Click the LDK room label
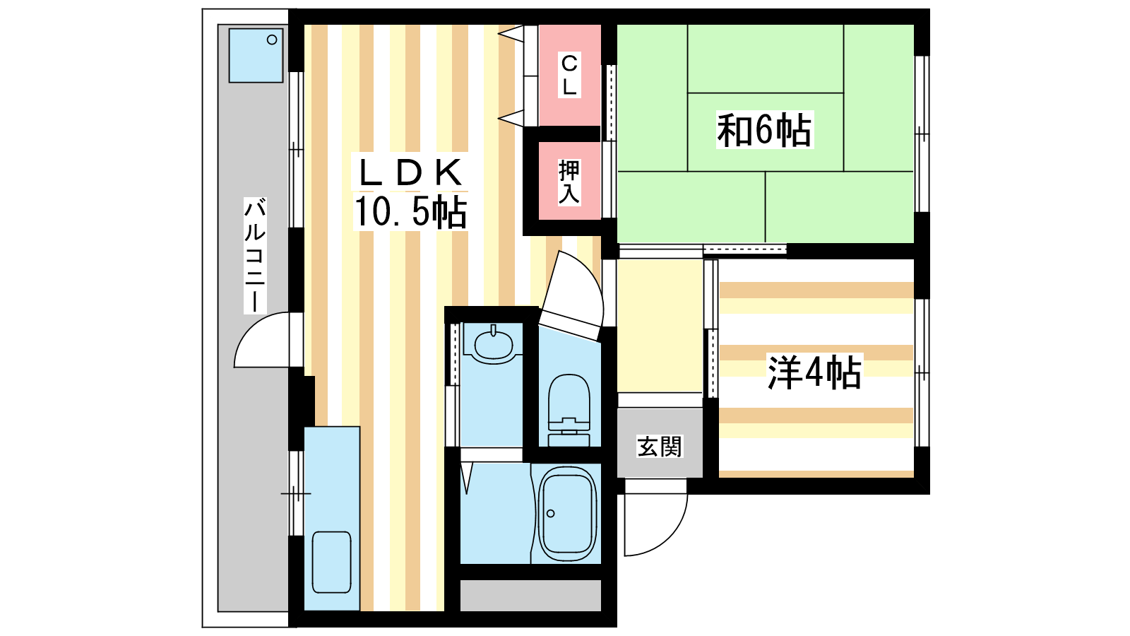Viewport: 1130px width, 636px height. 410,172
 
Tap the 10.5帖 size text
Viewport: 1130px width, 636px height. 410,211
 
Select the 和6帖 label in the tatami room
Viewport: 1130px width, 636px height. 765,130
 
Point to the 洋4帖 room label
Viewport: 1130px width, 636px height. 814,372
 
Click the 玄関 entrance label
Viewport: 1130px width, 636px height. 660,446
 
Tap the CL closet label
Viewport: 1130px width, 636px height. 569,76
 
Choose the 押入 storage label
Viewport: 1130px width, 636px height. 569,182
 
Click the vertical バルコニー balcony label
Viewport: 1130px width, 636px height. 255,255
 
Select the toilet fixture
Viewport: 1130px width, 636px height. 569,411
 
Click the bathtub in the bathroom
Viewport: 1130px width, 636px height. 568,513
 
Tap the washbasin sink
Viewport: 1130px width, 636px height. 494,343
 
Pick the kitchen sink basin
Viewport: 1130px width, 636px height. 331,562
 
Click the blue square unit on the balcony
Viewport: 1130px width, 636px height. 256,55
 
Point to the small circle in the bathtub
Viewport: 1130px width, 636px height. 550,513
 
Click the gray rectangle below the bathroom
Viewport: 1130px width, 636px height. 530,595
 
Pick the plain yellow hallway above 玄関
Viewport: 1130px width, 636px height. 660,326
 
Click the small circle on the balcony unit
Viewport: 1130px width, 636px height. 272,40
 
